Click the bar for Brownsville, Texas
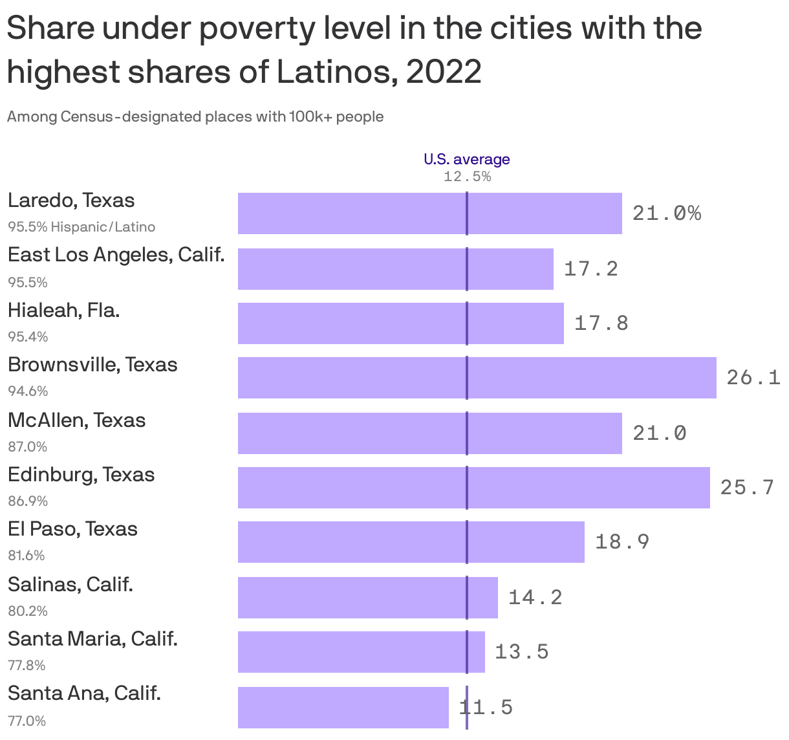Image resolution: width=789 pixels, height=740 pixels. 477,378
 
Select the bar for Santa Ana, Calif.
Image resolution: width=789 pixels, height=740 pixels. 343,707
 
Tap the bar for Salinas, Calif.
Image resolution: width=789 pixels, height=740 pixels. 367,597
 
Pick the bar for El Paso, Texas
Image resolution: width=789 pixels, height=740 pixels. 411,542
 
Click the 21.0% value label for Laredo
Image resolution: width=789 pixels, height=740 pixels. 666,213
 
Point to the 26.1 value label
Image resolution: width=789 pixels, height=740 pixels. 753,377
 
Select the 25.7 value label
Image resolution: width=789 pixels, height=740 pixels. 747,487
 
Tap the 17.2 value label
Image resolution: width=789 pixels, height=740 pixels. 590,268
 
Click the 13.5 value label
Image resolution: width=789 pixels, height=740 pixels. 521,651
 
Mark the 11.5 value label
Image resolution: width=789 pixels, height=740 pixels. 486,707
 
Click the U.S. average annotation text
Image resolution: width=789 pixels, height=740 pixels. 466,159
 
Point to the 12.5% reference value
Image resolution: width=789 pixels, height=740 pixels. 467,177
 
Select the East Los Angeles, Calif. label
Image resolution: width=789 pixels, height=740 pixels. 116,255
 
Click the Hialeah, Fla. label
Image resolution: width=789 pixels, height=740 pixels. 63,310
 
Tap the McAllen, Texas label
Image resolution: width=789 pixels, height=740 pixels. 76,420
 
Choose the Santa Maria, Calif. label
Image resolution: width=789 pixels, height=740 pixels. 92,639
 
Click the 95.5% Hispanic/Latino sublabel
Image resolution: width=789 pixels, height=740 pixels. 81,227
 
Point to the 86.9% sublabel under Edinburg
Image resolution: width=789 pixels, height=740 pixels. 28,501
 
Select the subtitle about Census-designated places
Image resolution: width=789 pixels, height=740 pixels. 195,117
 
